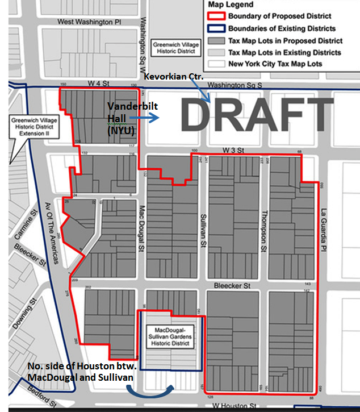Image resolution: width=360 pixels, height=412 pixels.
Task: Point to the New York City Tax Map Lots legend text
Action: click(275, 64)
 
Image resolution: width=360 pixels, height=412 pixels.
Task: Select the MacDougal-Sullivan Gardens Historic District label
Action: click(170, 337)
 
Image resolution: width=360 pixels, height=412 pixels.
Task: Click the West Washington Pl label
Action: click(90, 22)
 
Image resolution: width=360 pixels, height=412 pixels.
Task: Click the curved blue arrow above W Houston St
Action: click(152, 393)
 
